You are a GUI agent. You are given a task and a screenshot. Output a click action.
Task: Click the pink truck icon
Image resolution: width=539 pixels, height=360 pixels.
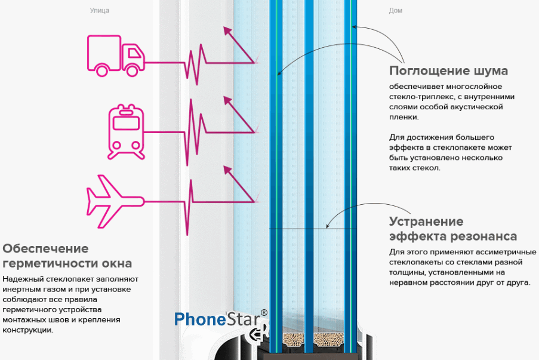tap(116, 56)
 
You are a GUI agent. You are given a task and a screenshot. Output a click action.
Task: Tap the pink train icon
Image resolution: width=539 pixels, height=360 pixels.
tap(126, 132)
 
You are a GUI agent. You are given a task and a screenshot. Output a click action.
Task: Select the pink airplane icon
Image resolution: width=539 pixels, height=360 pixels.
tap(115, 201)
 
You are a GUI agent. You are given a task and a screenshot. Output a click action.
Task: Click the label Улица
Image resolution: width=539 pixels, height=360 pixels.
tap(99, 10)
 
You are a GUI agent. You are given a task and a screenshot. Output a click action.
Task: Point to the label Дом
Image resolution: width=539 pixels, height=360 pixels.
tap(395, 10)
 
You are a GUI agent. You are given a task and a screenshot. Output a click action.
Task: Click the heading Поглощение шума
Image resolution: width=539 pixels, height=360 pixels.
tap(448, 70)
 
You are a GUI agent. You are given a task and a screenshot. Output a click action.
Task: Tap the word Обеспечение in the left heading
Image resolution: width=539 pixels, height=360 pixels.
tap(45, 248)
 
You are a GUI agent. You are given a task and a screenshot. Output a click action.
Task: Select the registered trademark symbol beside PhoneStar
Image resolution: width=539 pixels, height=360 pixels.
tap(264, 313)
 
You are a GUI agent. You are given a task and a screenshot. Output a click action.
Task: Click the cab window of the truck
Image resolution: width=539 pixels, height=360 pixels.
tap(134, 53)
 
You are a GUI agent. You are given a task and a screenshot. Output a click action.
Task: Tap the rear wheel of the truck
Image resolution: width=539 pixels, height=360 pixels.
tap(101, 70)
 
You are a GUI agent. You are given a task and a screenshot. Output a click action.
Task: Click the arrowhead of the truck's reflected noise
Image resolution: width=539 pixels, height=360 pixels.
tap(227, 30)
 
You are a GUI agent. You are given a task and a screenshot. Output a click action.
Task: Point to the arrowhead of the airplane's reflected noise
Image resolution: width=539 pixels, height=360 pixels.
tap(227, 170)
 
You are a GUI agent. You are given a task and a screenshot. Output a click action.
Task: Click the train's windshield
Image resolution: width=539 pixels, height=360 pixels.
tap(126, 123)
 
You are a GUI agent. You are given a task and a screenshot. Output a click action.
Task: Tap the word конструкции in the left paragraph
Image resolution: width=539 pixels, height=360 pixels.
tap(28, 330)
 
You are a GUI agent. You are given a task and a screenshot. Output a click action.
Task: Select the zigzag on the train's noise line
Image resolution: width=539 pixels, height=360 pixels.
tap(195, 133)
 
